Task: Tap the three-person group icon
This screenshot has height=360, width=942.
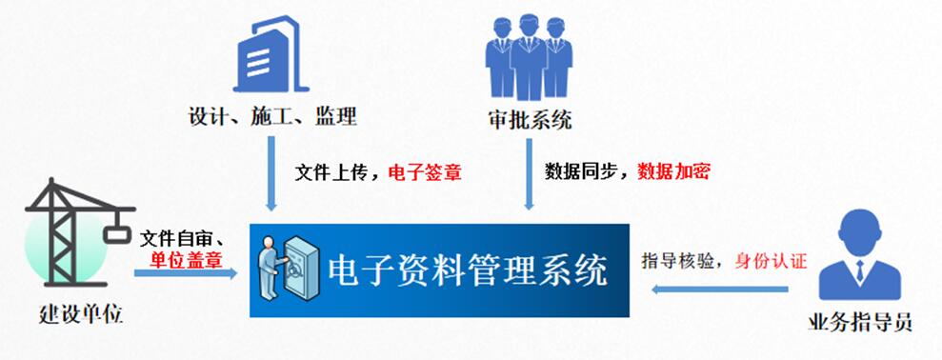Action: click(529, 59)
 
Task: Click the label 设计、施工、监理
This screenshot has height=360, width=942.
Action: click(272, 118)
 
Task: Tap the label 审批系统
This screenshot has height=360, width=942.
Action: click(528, 121)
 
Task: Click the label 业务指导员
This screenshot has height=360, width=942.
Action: click(860, 321)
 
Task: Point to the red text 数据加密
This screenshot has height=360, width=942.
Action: click(673, 172)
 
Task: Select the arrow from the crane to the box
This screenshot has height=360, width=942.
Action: click(185, 273)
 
